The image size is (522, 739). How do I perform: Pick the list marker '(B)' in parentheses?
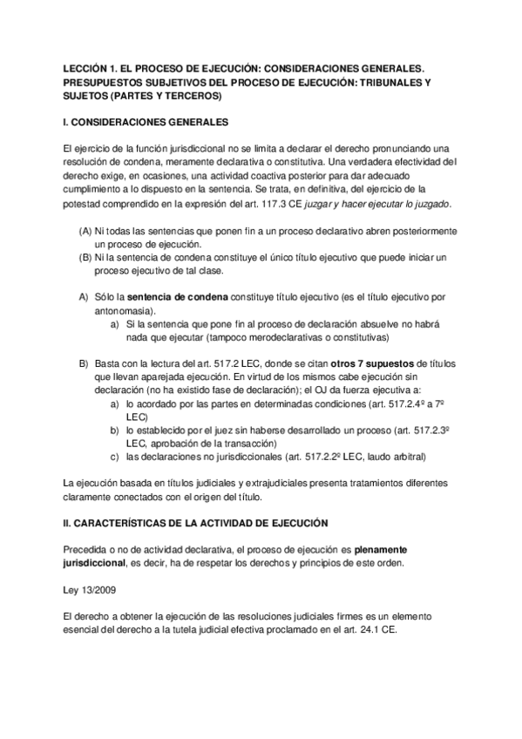click(x=85, y=258)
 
